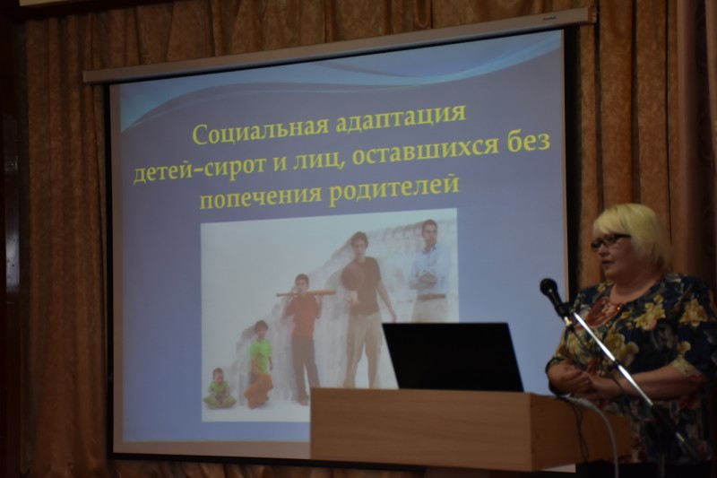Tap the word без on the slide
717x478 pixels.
tap(523, 145)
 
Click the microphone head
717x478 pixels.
tap(549, 288)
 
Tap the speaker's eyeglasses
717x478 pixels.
tap(610, 241)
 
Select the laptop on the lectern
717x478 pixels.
tap(453, 356)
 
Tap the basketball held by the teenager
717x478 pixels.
tap(352, 276)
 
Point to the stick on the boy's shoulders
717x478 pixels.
tap(306, 293)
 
